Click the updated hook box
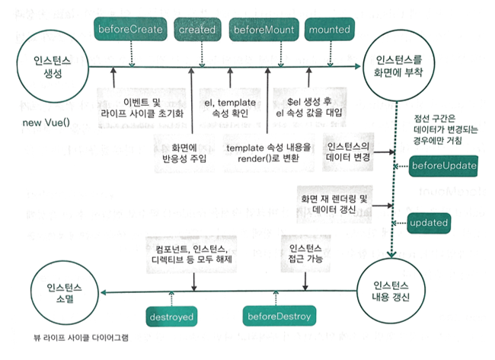(433, 223)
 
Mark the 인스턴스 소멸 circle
(69, 292)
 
